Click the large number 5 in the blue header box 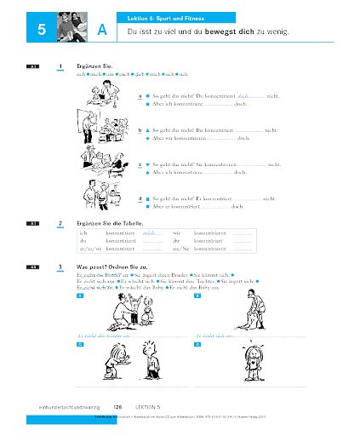(x=41, y=32)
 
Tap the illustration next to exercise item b (x=106, y=131)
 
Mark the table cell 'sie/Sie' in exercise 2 (x=180, y=250)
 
